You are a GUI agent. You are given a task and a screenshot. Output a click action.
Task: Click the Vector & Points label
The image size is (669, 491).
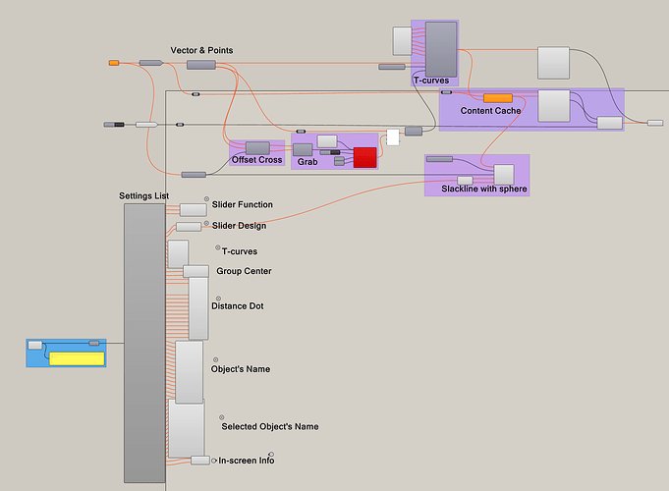pyautogui.click(x=201, y=50)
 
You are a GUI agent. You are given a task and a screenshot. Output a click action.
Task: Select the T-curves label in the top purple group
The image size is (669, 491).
pyautogui.click(x=431, y=81)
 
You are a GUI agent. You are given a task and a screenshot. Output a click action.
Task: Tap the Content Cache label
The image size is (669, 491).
pyautogui.click(x=490, y=111)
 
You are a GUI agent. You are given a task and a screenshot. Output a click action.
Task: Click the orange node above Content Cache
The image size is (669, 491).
pyautogui.click(x=498, y=98)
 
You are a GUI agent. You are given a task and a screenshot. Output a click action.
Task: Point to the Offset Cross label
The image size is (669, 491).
pyautogui.click(x=256, y=160)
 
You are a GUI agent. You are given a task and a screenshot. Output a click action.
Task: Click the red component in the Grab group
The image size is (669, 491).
pyautogui.click(x=365, y=157)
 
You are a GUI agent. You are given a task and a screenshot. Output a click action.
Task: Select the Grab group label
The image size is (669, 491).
pyautogui.click(x=307, y=161)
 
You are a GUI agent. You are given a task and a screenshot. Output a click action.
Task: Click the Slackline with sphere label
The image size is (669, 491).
pyautogui.click(x=476, y=188)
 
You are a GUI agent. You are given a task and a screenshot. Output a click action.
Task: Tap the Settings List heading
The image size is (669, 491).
pyautogui.click(x=143, y=195)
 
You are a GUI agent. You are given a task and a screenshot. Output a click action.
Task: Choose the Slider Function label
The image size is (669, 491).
pyautogui.click(x=242, y=205)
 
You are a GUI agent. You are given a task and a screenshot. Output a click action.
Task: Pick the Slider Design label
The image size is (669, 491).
pyautogui.click(x=239, y=226)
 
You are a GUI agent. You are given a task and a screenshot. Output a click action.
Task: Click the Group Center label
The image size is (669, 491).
pyautogui.click(x=244, y=271)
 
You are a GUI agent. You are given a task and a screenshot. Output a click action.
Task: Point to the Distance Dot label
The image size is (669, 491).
pyautogui.click(x=237, y=306)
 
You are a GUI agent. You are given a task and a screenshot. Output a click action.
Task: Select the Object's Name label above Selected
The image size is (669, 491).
pyautogui.click(x=241, y=369)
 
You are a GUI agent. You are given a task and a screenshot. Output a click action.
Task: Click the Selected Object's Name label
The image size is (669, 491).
pyautogui.click(x=269, y=427)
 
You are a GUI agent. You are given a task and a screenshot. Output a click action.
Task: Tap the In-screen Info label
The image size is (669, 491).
pyautogui.click(x=246, y=460)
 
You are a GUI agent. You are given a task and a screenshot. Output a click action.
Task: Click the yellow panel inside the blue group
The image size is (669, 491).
pyautogui.click(x=76, y=358)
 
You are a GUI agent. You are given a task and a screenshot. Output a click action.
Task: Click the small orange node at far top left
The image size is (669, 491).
pyautogui.click(x=114, y=63)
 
